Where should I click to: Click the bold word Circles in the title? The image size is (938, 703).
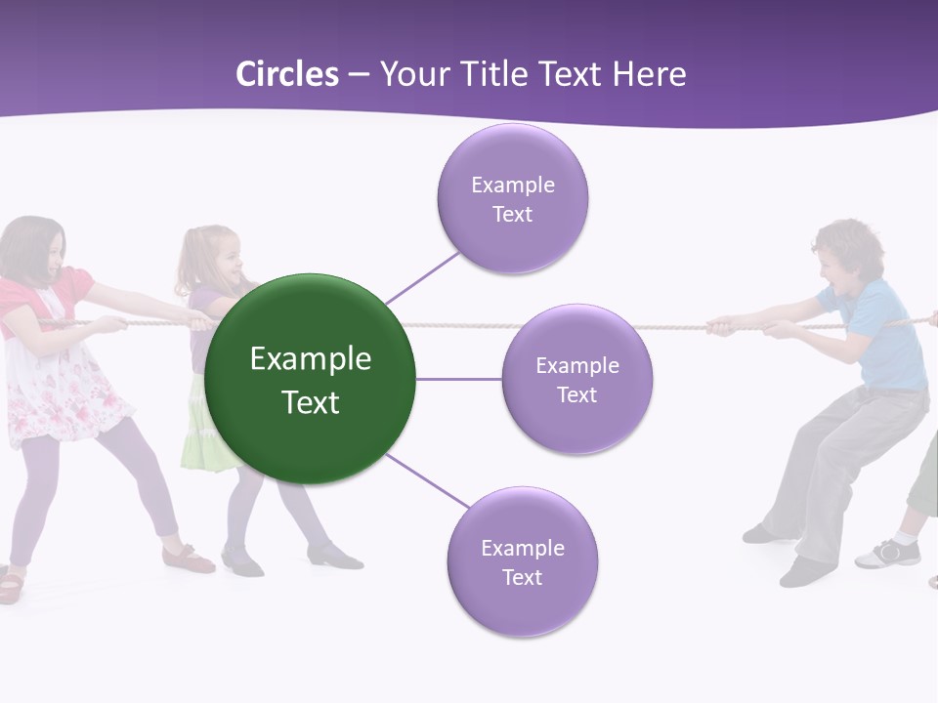[286, 74]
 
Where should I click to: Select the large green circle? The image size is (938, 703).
[311, 379]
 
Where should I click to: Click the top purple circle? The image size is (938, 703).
[512, 198]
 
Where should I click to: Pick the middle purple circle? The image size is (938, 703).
[576, 379]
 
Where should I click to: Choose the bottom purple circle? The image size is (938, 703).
[522, 561]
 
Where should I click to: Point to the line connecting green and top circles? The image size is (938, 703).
[422, 276]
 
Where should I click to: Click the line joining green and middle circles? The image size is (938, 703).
[458, 379]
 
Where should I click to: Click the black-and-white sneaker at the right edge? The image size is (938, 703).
[888, 554]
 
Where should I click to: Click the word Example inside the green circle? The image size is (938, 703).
[311, 359]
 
